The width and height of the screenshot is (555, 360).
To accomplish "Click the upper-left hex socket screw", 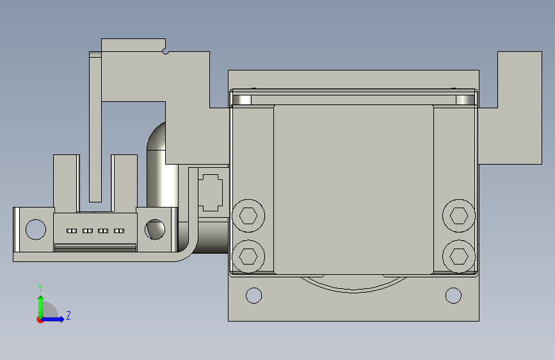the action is click(248, 216).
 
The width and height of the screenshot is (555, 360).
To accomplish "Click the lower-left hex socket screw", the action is click(248, 256).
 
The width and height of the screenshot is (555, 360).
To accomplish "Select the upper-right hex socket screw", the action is click(459, 216).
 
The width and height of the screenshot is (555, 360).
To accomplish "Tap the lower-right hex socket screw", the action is click(459, 256).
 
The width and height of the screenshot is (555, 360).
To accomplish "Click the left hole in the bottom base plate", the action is click(253, 295).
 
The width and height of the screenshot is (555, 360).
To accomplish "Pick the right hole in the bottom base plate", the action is click(453, 295).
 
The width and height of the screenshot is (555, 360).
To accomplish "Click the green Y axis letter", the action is click(40, 288).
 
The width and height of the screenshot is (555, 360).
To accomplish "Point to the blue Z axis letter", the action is click(68, 315).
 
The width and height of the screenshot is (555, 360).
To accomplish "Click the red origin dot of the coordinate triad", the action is click(40, 320).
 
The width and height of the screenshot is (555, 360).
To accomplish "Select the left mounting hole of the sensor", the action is click(36, 229).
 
